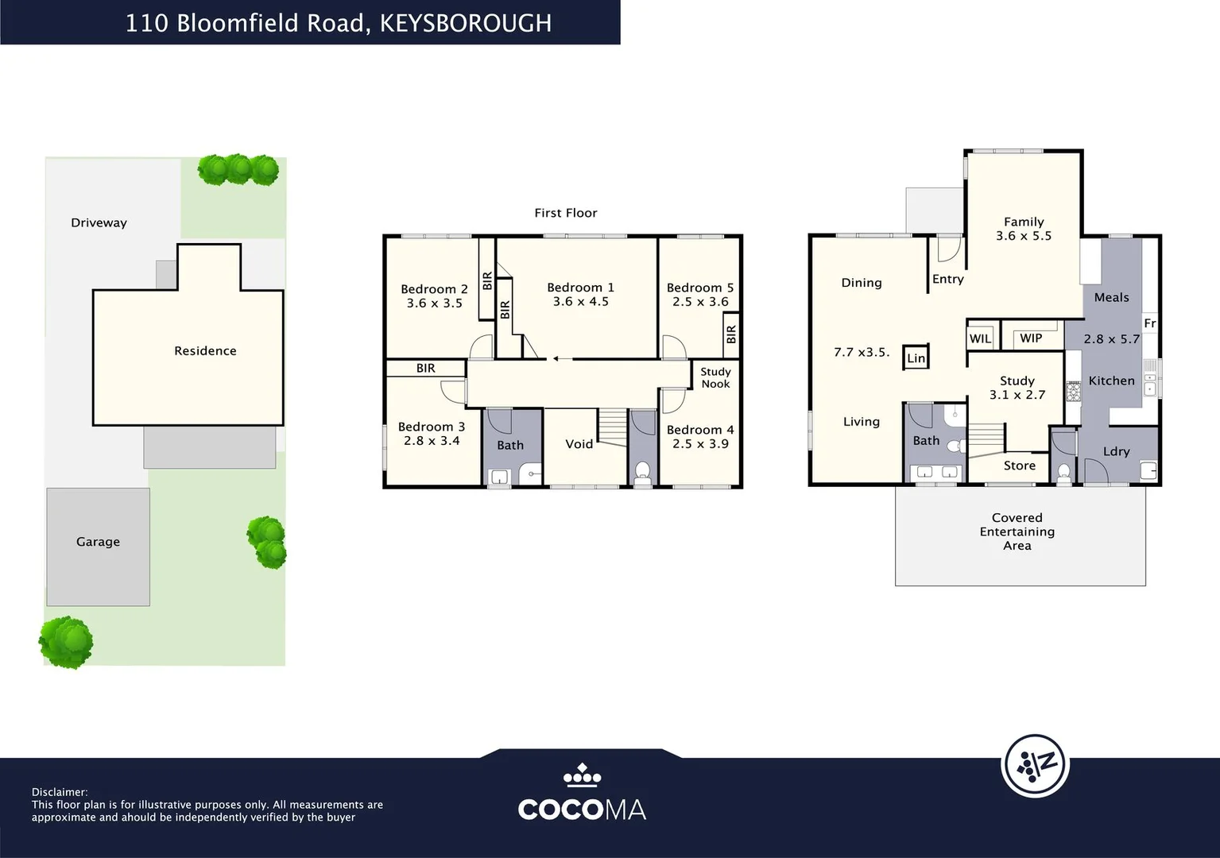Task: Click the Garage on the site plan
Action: click(98, 547)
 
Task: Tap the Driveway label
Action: click(99, 222)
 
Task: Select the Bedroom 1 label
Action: click(580, 288)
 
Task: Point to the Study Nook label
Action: click(715, 378)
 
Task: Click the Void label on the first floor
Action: click(579, 444)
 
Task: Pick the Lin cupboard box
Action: click(916, 357)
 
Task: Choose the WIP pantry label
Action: click(1031, 338)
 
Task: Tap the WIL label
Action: click(980, 338)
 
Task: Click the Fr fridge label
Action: click(1150, 323)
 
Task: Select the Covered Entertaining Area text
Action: click(1017, 531)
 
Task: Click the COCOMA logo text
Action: click(583, 810)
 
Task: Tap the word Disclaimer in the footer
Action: click(60, 792)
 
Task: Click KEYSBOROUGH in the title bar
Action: click(466, 23)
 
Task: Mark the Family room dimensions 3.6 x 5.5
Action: click(1024, 236)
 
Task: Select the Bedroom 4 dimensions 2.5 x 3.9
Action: click(700, 444)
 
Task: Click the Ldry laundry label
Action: click(1117, 451)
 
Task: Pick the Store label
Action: click(1020, 466)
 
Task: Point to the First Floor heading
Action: click(566, 213)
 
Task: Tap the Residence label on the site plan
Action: click(205, 351)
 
